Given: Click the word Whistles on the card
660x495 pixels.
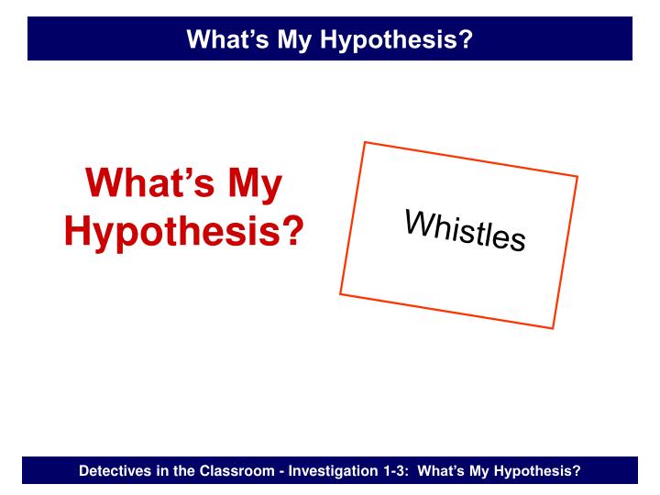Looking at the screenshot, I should coord(466,231).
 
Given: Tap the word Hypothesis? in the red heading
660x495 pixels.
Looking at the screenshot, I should coord(183,231).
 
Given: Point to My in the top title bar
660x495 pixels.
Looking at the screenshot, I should coord(291,38).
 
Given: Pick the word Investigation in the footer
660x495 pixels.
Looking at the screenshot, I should coord(331,471).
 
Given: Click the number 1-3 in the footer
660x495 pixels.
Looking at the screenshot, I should coord(397,471).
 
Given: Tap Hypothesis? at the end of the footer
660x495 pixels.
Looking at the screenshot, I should coord(538,471).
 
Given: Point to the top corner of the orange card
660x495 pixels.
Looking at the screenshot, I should coord(365,142).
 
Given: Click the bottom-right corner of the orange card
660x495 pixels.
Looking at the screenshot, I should coord(554,328).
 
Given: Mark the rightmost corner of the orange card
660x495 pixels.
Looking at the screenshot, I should coord(577,176).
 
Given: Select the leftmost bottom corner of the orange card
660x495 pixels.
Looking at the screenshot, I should coord(340,293).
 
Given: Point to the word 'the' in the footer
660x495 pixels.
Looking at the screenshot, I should coord(183,471).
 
